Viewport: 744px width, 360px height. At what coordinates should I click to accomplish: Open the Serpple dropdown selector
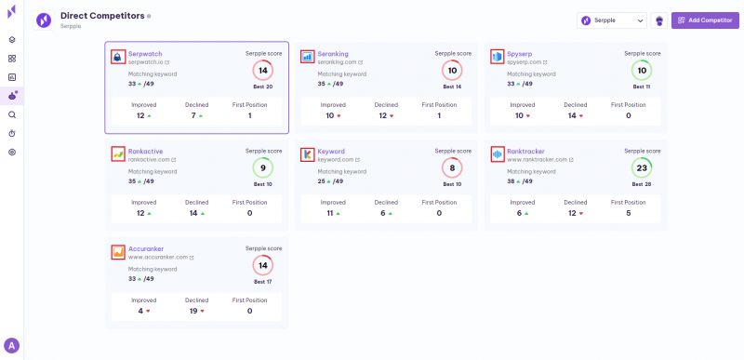pos(611,20)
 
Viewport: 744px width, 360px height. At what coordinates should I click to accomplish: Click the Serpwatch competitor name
pos(145,54)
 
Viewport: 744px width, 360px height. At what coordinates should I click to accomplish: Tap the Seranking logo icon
pos(308,57)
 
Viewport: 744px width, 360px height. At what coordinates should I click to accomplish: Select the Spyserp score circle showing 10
pos(641,71)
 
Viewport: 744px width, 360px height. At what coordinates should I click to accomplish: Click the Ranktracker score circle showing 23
pos(641,168)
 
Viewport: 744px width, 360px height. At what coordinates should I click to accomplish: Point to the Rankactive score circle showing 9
pos(262,168)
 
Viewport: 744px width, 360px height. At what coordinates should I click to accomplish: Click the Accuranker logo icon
pos(118,251)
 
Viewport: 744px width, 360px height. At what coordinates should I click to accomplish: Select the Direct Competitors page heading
pos(102,16)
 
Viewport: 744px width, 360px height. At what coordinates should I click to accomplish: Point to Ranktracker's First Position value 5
pos(629,213)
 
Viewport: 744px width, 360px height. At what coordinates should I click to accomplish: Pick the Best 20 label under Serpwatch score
pos(263,87)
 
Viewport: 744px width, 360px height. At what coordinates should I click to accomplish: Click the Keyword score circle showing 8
pos(452,168)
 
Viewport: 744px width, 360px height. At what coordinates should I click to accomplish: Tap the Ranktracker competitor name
pos(525,151)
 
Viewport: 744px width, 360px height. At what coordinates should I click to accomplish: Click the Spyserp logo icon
pos(497,57)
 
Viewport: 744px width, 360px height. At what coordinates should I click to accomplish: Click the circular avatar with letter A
pos(12,346)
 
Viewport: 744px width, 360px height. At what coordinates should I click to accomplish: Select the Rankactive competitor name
pos(145,151)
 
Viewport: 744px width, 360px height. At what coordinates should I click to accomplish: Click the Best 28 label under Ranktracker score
pos(641,184)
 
